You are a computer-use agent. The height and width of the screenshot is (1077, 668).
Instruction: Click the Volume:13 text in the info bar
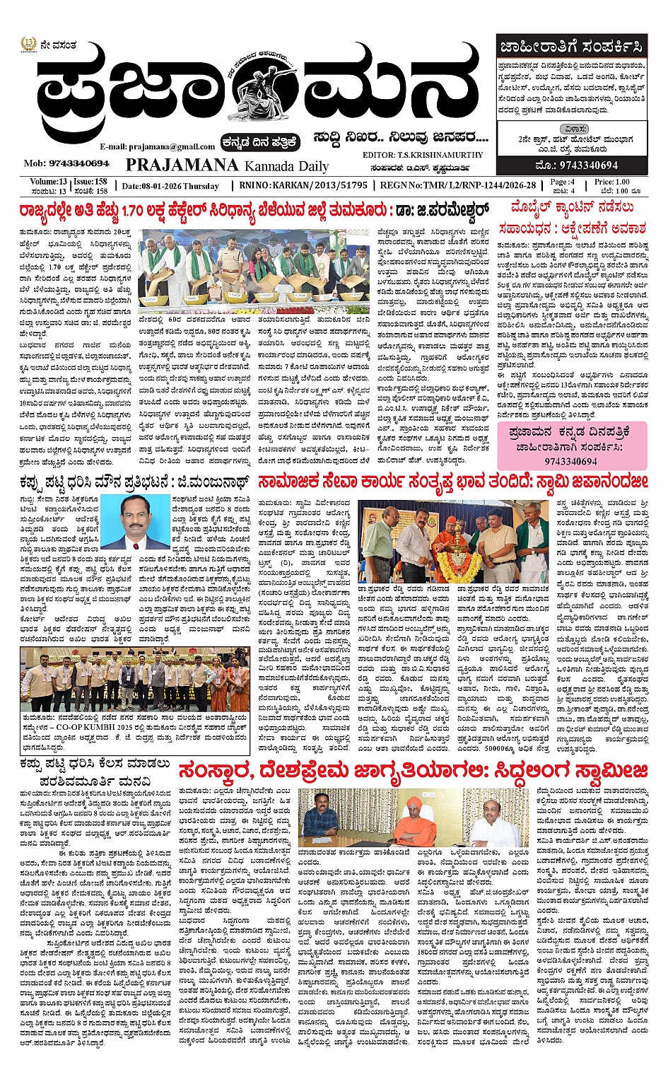tap(49, 182)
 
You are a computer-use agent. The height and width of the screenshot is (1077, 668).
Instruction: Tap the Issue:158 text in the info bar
tap(90, 182)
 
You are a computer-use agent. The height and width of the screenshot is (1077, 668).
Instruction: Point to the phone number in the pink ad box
tap(570, 461)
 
